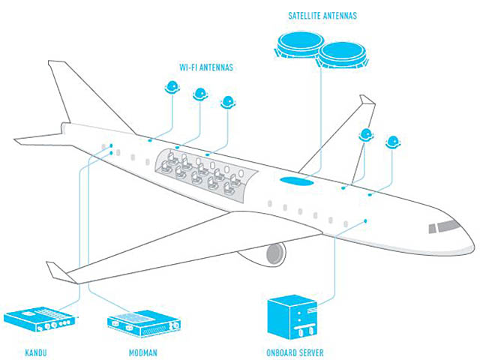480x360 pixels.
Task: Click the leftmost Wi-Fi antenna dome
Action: point(171,87)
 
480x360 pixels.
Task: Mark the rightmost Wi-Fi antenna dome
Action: point(392,142)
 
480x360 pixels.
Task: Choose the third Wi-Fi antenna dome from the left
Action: point(227,102)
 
